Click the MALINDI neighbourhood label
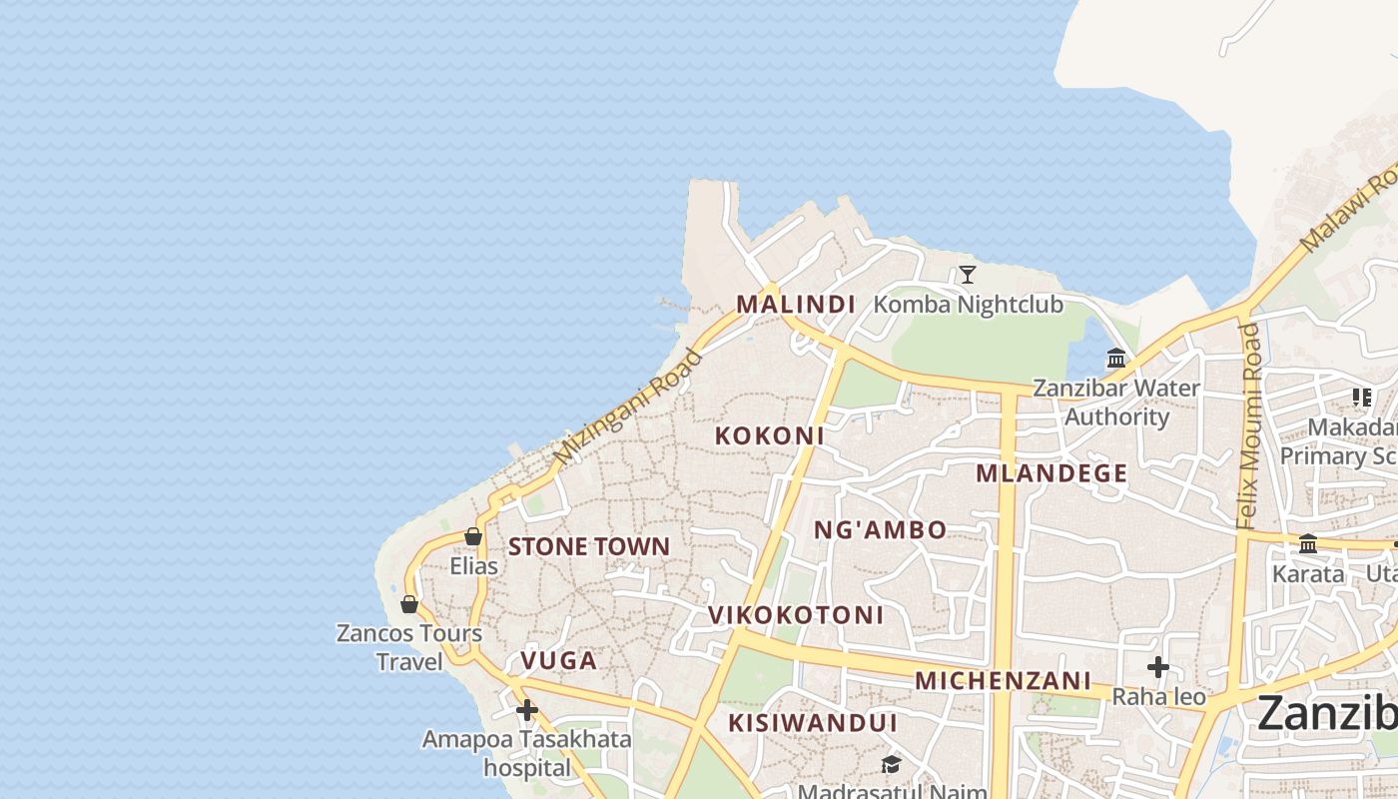pyautogui.click(x=796, y=304)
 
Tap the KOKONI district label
pyautogui.click(x=770, y=435)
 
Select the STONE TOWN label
pyautogui.click(x=589, y=546)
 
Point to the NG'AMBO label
pyautogui.click(x=880, y=530)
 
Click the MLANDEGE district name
pyautogui.click(x=1051, y=473)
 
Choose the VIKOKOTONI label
pyautogui.click(x=796, y=615)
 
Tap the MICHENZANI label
pyautogui.click(x=1003, y=681)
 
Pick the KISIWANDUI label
pyautogui.click(x=812, y=723)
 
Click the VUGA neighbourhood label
pyautogui.click(x=559, y=660)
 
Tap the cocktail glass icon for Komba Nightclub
pyautogui.click(x=967, y=275)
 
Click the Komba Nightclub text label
pyautogui.click(x=969, y=304)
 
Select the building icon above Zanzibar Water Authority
pyautogui.click(x=1116, y=359)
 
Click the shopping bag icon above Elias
pyautogui.click(x=473, y=537)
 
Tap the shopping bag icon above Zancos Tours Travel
pyautogui.click(x=409, y=604)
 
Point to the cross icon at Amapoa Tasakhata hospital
pyautogui.click(x=526, y=710)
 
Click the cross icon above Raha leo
pyautogui.click(x=1158, y=666)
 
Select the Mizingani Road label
pyautogui.click(x=628, y=406)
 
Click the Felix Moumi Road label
pyautogui.click(x=1248, y=425)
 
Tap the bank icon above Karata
pyautogui.click(x=1308, y=544)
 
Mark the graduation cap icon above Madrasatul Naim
pyautogui.click(x=890, y=765)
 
